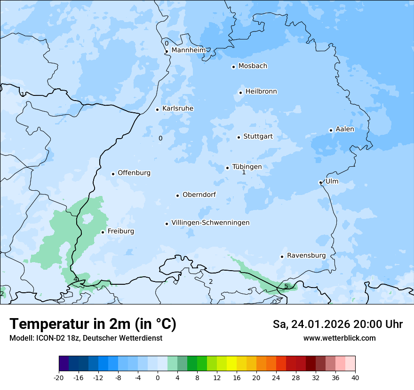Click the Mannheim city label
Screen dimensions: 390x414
pos(188,50)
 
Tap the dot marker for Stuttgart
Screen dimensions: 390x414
pos(239,137)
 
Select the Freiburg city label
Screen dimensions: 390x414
pos(120,231)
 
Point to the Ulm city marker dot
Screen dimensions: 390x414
pos(320,182)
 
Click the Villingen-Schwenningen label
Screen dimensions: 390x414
pos(210,223)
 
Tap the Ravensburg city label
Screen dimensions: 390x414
pos(306,256)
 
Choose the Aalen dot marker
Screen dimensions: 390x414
pos(331,130)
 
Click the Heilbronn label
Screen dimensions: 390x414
pos(261,92)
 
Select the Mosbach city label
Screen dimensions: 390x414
pos(253,66)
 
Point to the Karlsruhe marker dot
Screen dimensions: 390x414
pos(158,109)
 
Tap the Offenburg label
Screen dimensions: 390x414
pos(134,173)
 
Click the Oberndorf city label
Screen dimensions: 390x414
pos(199,195)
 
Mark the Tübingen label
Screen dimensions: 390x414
pos(247,167)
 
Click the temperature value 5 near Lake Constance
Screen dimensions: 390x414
pos(286,286)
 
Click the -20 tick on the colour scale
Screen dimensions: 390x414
pos(59,378)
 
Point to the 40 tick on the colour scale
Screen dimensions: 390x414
pos(355,378)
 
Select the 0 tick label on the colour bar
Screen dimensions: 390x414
pos(158,378)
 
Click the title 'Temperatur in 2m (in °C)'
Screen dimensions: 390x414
pos(93,324)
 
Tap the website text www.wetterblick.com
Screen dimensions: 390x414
pos(339,338)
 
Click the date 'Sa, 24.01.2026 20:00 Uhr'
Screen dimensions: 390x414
pos(337,324)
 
